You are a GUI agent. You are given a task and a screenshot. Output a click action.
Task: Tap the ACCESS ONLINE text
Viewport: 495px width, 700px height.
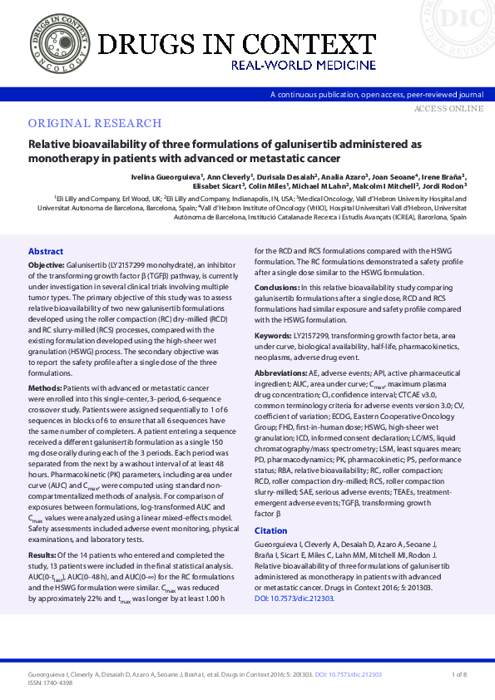tap(448, 108)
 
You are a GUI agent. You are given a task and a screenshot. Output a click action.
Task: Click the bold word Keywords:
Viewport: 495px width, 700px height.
tap(273, 334)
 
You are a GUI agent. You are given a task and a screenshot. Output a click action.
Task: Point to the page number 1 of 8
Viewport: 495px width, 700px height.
tap(458, 673)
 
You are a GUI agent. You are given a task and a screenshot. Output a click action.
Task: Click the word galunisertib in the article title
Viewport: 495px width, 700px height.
tap(274, 144)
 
